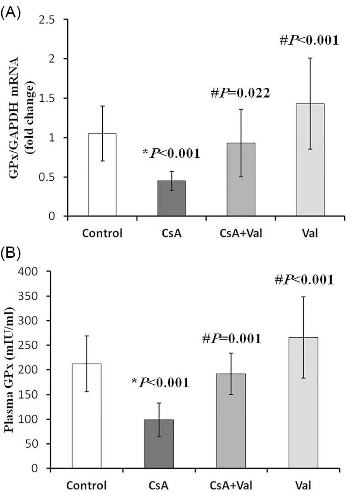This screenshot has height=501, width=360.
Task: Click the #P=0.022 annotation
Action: tap(240, 93)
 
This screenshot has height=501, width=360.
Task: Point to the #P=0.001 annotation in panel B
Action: tap(231, 339)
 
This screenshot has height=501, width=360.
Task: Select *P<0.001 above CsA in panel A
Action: tap(171, 153)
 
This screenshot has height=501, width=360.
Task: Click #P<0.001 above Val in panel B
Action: tap(304, 280)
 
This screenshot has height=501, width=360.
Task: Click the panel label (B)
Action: tap(10, 253)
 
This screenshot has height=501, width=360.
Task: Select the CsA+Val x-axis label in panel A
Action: tap(241, 233)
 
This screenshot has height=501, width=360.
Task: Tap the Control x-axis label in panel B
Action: tap(87, 485)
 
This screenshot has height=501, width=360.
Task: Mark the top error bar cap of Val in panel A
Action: tap(310, 58)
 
